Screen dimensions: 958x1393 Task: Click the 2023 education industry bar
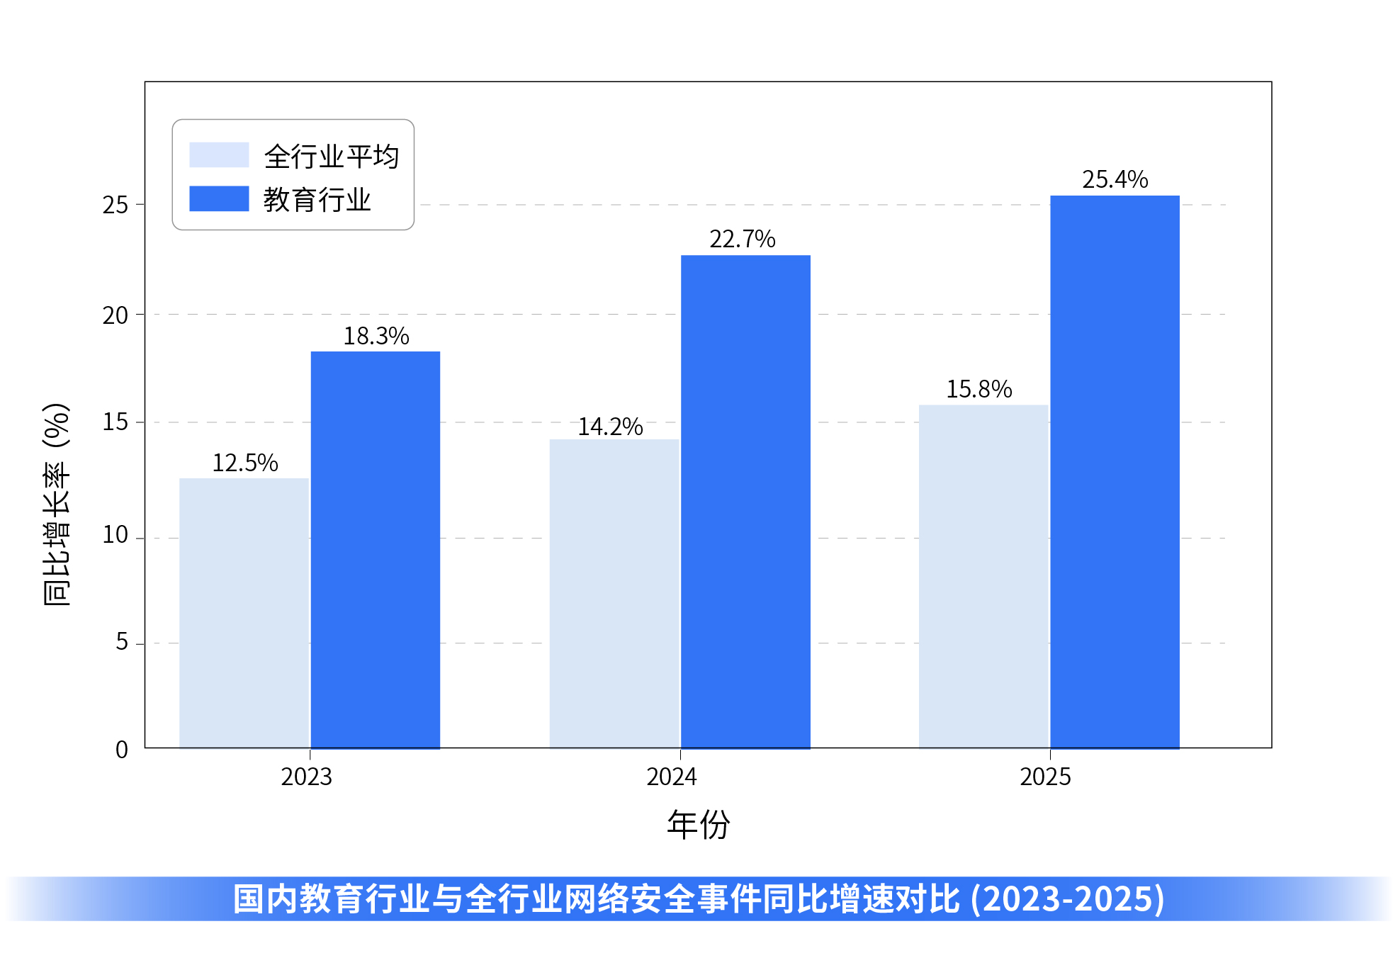coord(375,549)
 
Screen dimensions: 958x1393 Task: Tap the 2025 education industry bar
coord(1115,471)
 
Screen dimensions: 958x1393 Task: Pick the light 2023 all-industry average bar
coord(244,613)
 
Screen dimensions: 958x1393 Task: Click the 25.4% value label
coord(1115,179)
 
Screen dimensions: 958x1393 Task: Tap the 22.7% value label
coord(743,239)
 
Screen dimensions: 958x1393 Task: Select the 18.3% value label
coord(376,336)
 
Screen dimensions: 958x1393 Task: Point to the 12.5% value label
coord(245,463)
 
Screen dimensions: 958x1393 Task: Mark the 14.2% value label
coord(610,427)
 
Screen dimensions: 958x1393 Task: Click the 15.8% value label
coord(979,389)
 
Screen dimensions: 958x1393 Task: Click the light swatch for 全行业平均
coord(219,155)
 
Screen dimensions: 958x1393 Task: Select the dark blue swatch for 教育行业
coord(219,199)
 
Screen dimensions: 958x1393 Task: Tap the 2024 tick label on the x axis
coord(671,777)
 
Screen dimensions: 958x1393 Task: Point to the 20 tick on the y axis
coord(115,315)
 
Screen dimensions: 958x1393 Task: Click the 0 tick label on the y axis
coord(122,750)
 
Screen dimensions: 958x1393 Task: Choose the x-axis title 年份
coord(698,824)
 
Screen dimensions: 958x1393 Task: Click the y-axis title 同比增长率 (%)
coord(57,504)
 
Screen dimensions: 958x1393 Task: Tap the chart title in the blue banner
coord(698,898)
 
